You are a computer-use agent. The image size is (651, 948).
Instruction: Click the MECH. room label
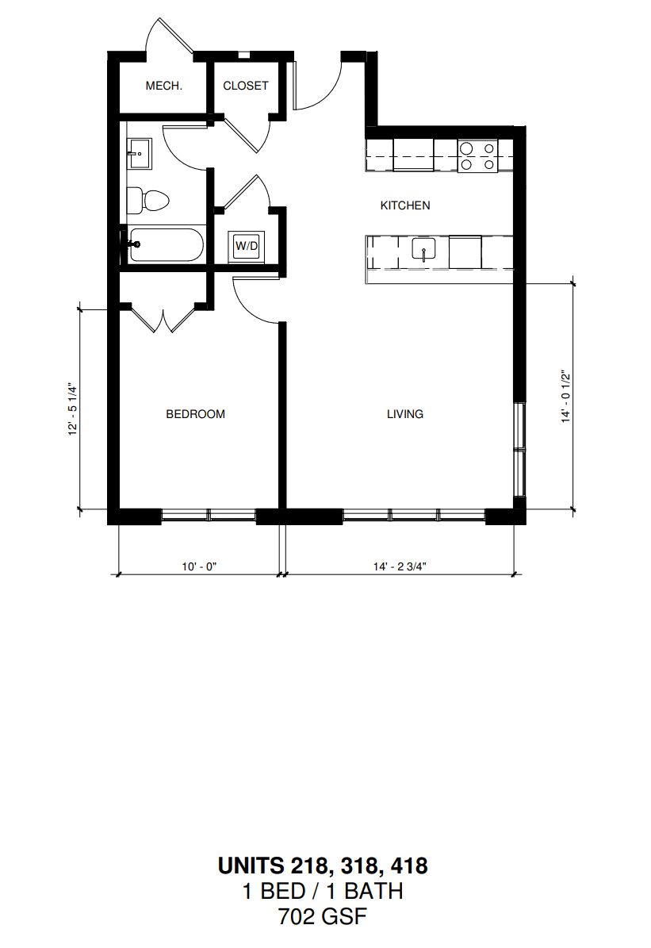(x=164, y=86)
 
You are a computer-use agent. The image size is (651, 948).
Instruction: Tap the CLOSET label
(x=245, y=86)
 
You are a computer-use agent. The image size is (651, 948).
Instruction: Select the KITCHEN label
(x=405, y=205)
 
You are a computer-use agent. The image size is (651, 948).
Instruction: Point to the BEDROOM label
(x=195, y=414)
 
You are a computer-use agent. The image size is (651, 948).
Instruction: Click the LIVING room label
(x=405, y=414)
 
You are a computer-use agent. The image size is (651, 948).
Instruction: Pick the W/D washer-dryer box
(x=246, y=246)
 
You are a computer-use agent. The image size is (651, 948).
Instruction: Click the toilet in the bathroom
(x=147, y=200)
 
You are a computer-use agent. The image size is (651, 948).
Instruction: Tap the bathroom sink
(x=139, y=154)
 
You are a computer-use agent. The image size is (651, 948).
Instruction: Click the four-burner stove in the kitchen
(x=477, y=156)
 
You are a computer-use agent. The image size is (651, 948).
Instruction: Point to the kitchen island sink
(x=425, y=250)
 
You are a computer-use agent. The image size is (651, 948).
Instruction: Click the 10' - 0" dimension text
(x=199, y=566)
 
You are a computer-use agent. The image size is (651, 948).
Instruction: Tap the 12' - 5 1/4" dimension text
(x=73, y=409)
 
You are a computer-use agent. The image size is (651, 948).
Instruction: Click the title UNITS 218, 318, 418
(x=323, y=865)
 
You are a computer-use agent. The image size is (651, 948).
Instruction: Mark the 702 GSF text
(x=323, y=917)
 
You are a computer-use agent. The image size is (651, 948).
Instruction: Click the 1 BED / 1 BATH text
(x=323, y=891)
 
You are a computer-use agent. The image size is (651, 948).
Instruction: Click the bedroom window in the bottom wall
(x=209, y=516)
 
